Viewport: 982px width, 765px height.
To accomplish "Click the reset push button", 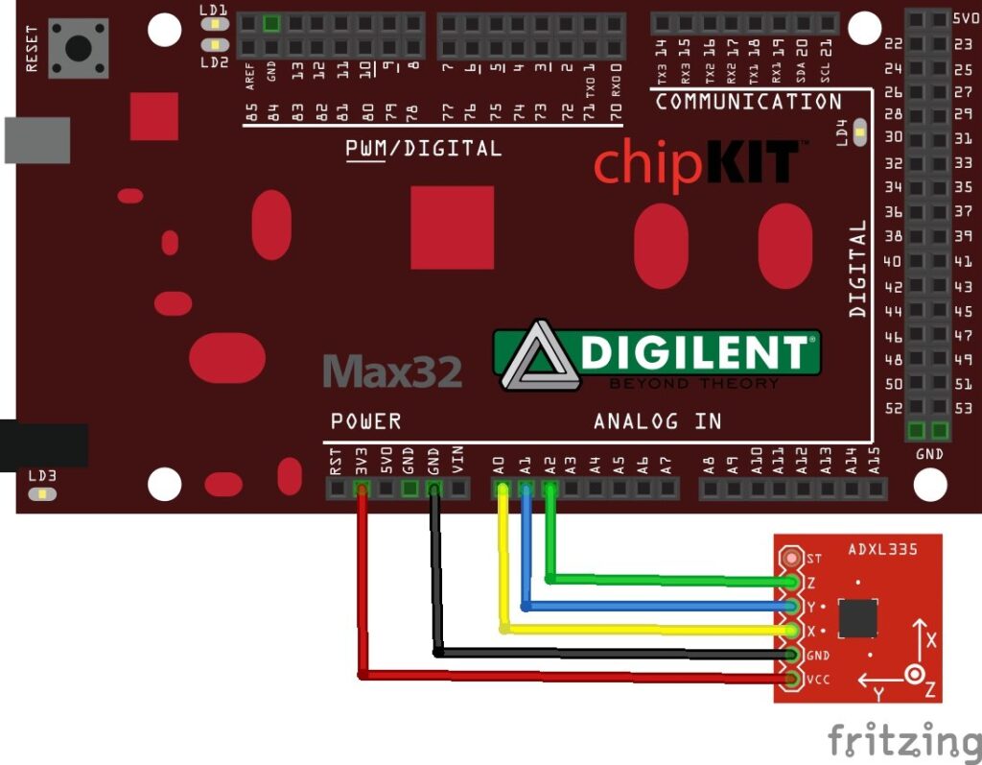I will (78, 47).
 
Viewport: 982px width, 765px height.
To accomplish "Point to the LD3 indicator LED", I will (41, 494).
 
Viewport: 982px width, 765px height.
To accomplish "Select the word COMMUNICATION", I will (748, 102).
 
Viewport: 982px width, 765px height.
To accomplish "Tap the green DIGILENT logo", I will (658, 356).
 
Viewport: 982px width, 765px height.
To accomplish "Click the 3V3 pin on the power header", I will (362, 490).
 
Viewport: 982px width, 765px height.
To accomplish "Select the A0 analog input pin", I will (502, 490).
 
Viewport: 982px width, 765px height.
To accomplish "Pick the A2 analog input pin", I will (549, 490).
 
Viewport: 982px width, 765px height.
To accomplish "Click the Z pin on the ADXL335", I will (792, 583).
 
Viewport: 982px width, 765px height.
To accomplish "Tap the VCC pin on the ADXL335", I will (792, 680).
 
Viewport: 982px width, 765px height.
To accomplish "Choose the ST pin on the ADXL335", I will (792, 558).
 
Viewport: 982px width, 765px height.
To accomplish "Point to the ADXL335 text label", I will (883, 550).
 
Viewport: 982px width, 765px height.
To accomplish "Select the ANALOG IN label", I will (657, 421).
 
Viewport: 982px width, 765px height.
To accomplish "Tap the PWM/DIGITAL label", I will (423, 149).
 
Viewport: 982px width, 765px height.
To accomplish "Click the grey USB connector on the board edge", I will (36, 140).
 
